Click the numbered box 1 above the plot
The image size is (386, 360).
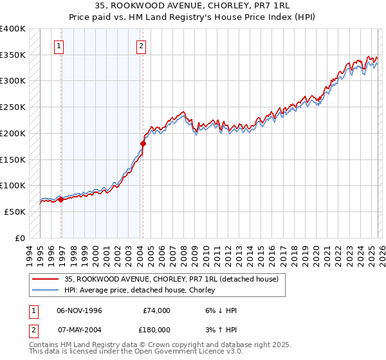[59, 46]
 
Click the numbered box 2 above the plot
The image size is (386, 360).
[140, 46]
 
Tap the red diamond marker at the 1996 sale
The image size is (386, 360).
[61, 199]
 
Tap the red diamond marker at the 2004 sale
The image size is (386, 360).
[143, 143]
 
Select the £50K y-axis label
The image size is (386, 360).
[15, 212]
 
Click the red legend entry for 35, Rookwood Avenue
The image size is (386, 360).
[170, 279]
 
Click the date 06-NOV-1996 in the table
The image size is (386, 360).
[79, 310]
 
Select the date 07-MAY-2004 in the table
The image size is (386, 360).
[79, 330]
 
